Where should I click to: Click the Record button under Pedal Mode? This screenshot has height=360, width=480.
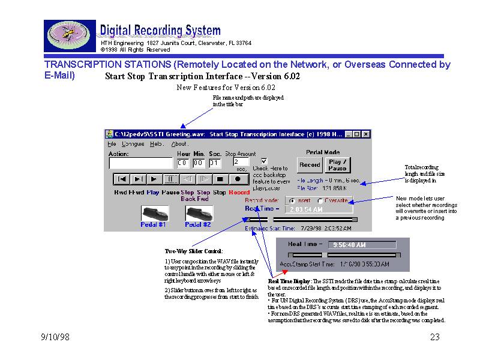click(x=310, y=164)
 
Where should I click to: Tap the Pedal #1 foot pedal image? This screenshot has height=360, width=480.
click(x=154, y=213)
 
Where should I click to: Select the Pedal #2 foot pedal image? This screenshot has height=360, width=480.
click(x=199, y=213)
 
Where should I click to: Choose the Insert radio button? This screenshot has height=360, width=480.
click(x=292, y=200)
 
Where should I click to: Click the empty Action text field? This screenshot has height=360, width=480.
click(x=140, y=163)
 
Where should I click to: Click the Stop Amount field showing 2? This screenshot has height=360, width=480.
click(x=240, y=162)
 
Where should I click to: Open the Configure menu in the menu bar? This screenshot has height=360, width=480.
click(x=133, y=144)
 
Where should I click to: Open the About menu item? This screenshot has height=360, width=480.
click(x=179, y=144)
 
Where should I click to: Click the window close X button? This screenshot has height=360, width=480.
click(x=366, y=134)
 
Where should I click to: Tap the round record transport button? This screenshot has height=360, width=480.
click(x=238, y=179)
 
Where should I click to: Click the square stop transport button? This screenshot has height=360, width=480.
click(x=221, y=179)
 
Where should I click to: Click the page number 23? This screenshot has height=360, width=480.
click(x=435, y=338)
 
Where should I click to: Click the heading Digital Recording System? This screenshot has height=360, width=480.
click(x=160, y=31)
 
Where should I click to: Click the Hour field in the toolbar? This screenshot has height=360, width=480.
click(x=183, y=163)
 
